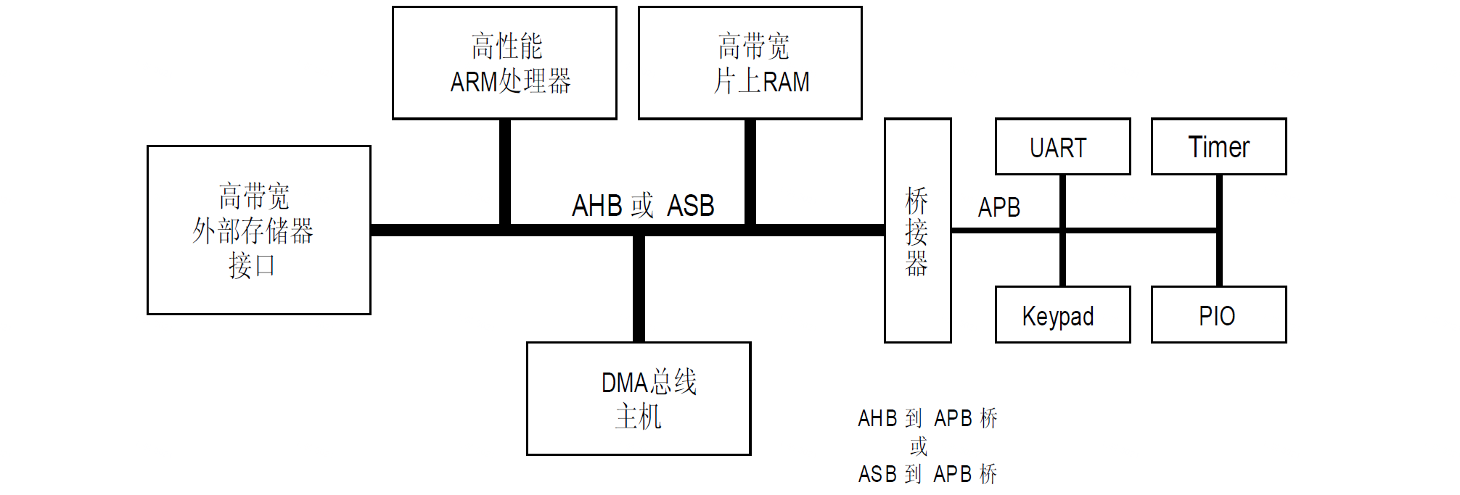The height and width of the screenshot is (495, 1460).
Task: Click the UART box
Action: pos(1062,147)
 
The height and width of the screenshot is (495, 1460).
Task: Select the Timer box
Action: pos(1218,147)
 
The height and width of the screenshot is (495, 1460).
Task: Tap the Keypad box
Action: pos(1062,315)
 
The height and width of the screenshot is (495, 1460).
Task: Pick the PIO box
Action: pos(1218,315)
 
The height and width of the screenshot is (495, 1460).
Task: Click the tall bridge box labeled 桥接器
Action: pos(917,230)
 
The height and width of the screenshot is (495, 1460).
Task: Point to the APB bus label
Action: pos(998,208)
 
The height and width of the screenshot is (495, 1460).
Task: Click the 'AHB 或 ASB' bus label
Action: pos(643,206)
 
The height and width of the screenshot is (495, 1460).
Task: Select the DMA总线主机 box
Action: pos(639,399)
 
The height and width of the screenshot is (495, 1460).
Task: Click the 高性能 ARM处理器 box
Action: pos(504,63)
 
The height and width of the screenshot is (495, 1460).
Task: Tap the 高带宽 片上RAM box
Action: pos(750,63)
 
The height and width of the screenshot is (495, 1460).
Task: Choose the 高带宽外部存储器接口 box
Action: pos(258,230)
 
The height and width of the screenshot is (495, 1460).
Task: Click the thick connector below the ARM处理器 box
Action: pos(505,172)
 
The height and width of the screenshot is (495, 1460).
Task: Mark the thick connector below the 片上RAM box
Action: pos(750,172)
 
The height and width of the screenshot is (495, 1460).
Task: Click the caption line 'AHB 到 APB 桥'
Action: pos(927,418)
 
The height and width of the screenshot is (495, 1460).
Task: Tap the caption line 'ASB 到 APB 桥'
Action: pos(927,474)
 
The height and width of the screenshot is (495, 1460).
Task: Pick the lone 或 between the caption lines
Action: pos(919,446)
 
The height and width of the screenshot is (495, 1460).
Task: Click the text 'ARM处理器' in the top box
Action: pos(510,81)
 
